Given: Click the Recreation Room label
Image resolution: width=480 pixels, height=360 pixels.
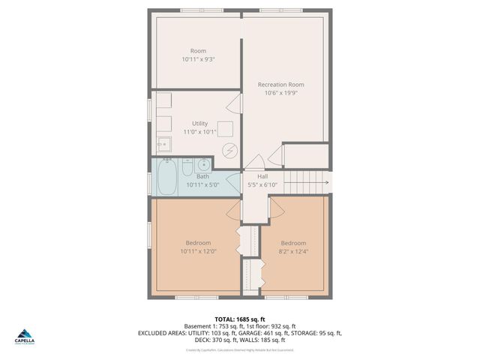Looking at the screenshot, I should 283,85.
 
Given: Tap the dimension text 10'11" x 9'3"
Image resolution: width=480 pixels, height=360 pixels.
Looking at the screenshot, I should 198,59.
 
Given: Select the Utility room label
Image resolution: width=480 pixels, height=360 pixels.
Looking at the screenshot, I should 199,123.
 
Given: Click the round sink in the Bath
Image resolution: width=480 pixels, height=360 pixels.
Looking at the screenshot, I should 203,165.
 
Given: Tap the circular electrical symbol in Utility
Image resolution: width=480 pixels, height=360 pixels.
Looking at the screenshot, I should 229,149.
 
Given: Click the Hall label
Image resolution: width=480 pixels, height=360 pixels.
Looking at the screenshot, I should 262,176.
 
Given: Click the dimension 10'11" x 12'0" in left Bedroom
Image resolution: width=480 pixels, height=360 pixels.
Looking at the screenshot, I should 198,251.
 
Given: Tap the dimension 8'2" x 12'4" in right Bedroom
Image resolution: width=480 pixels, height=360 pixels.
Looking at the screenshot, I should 293,251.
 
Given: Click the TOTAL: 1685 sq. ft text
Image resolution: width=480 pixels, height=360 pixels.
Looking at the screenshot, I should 240,319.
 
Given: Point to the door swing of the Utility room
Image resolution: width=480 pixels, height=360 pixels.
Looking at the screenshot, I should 235,103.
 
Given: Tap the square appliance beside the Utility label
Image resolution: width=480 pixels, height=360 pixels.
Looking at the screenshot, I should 225,128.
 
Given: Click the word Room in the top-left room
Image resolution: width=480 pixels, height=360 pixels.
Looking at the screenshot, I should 198,51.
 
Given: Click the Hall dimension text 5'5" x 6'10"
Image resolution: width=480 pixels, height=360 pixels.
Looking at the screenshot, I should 262,184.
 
